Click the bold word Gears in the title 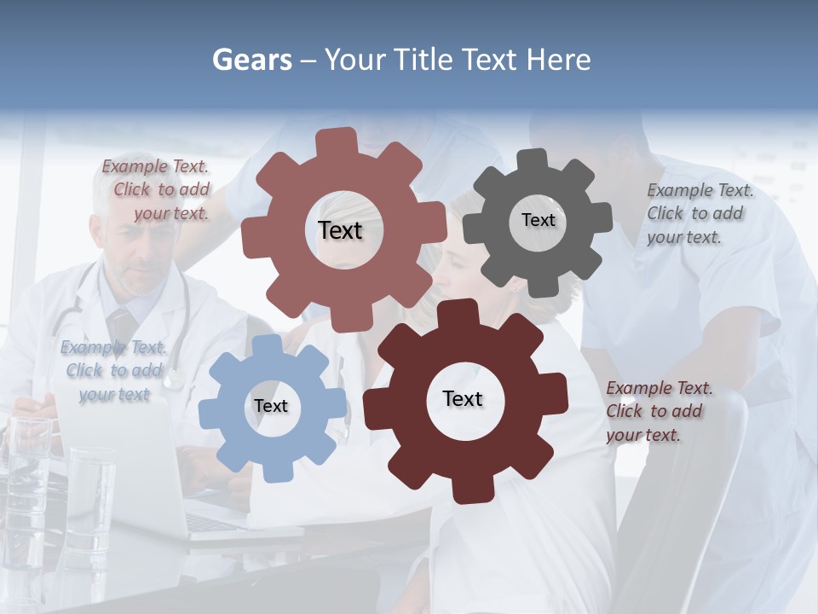tap(251, 60)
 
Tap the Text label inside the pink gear tap(340, 230)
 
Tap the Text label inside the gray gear tap(538, 220)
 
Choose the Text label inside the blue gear tap(270, 406)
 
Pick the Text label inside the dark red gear tap(463, 398)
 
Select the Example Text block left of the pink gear tap(158, 190)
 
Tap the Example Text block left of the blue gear tap(113, 371)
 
